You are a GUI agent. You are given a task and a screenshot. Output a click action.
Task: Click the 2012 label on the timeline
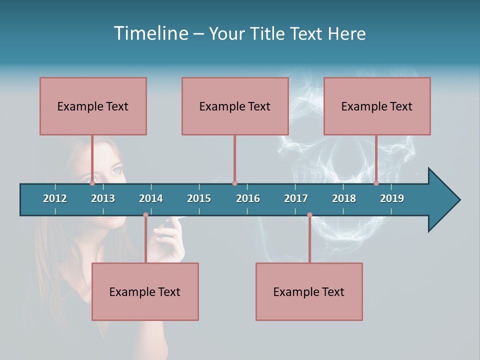[x=55, y=198]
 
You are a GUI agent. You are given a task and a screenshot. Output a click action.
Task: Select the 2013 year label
[x=103, y=198]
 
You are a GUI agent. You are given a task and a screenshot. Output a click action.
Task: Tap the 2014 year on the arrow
[x=151, y=198]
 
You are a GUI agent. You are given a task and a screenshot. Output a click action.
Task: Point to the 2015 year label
[x=199, y=198]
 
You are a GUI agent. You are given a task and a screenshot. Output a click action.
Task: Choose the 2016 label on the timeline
[x=248, y=198]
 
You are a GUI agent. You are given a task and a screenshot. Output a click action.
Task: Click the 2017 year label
[x=296, y=198]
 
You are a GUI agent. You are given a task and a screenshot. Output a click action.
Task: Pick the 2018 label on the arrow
[x=344, y=198]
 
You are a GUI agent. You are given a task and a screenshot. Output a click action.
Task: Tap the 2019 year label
[x=392, y=198]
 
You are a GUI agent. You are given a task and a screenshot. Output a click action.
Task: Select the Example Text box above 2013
[x=93, y=106]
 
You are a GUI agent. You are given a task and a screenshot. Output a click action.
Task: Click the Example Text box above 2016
[x=235, y=106]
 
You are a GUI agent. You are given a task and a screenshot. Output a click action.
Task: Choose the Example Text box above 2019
[x=377, y=106]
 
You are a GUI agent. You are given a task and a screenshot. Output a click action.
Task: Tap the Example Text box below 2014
[x=145, y=291]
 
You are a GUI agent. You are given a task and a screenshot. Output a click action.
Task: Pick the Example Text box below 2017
[x=309, y=291]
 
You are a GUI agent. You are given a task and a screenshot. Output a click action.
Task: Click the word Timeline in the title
[x=150, y=33]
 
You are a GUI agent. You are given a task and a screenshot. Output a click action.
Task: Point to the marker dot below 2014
[x=145, y=215]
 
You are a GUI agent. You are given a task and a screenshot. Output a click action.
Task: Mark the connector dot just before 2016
[x=234, y=183]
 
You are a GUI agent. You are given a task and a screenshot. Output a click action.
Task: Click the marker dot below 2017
[x=309, y=215]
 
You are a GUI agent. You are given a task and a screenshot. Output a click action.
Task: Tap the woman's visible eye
[x=115, y=170]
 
